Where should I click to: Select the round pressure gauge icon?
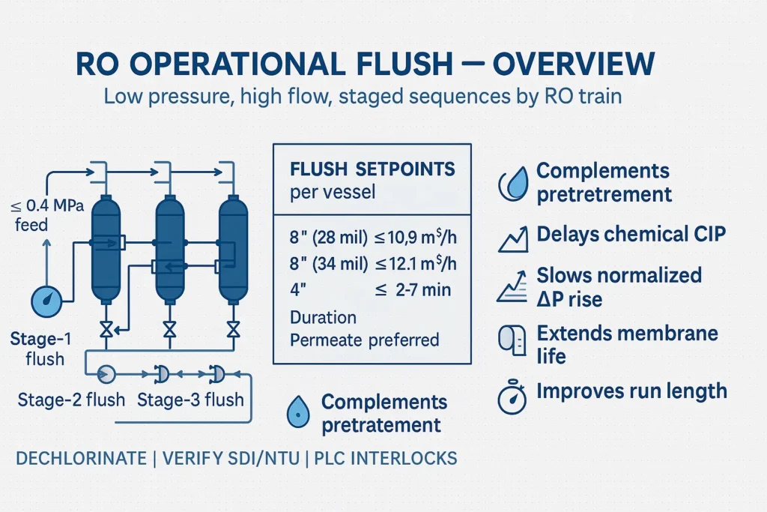[x=46, y=301]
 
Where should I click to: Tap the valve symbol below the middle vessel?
[x=170, y=329]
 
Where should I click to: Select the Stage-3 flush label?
[x=191, y=399]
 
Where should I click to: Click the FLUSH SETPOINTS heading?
[x=372, y=169]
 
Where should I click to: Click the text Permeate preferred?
[x=364, y=339]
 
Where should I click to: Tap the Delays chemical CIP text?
[x=631, y=235]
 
